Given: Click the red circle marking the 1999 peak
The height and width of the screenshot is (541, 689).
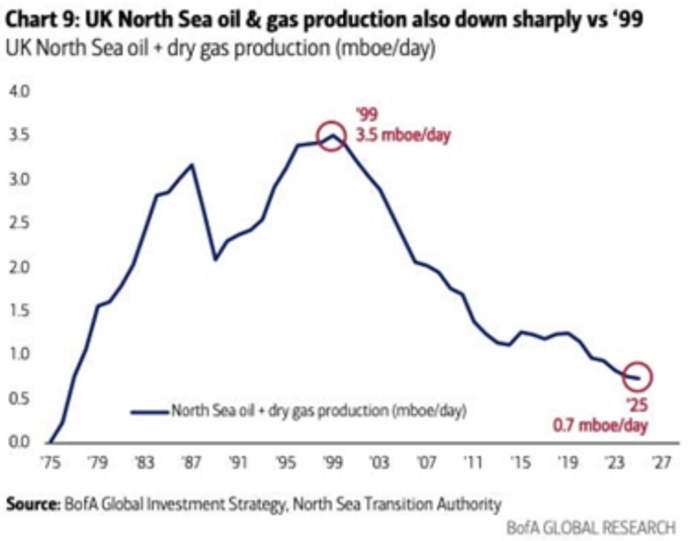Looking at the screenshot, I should [330, 136].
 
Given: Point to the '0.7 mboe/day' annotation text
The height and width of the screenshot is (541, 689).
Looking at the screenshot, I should [601, 425].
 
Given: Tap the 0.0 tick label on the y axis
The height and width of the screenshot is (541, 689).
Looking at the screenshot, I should [15, 442].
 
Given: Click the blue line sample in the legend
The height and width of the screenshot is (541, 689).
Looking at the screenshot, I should [149, 410].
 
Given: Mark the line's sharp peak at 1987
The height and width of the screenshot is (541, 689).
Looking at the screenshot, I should [192, 164].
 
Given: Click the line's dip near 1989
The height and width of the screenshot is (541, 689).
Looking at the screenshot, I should [215, 259].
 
